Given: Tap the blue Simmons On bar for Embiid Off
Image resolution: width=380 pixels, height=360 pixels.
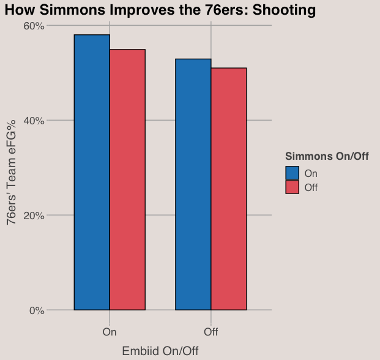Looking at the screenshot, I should pyautogui.click(x=193, y=184).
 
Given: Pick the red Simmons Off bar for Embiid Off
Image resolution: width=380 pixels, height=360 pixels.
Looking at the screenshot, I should pyautogui.click(x=229, y=189).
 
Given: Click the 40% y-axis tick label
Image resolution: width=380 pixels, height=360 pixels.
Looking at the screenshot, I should pyautogui.click(x=34, y=121).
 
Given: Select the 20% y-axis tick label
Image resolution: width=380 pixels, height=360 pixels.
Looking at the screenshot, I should pyautogui.click(x=34, y=216).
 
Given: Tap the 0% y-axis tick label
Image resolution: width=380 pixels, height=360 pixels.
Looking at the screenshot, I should pyautogui.click(x=37, y=310).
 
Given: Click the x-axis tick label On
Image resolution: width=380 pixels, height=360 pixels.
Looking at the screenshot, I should pyautogui.click(x=110, y=332).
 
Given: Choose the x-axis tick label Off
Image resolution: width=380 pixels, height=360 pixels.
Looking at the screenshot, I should pyautogui.click(x=211, y=332).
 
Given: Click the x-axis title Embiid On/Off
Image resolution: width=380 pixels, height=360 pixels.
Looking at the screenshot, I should pyautogui.click(x=160, y=351).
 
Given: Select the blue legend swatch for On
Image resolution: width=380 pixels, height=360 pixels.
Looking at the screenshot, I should pyautogui.click(x=292, y=173).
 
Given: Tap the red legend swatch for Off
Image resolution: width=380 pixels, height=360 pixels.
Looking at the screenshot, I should pyautogui.click(x=292, y=187).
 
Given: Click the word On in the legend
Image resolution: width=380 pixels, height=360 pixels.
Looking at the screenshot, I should pyautogui.click(x=311, y=173).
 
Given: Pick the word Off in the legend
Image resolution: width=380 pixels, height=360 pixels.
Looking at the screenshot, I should pyautogui.click(x=311, y=187).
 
